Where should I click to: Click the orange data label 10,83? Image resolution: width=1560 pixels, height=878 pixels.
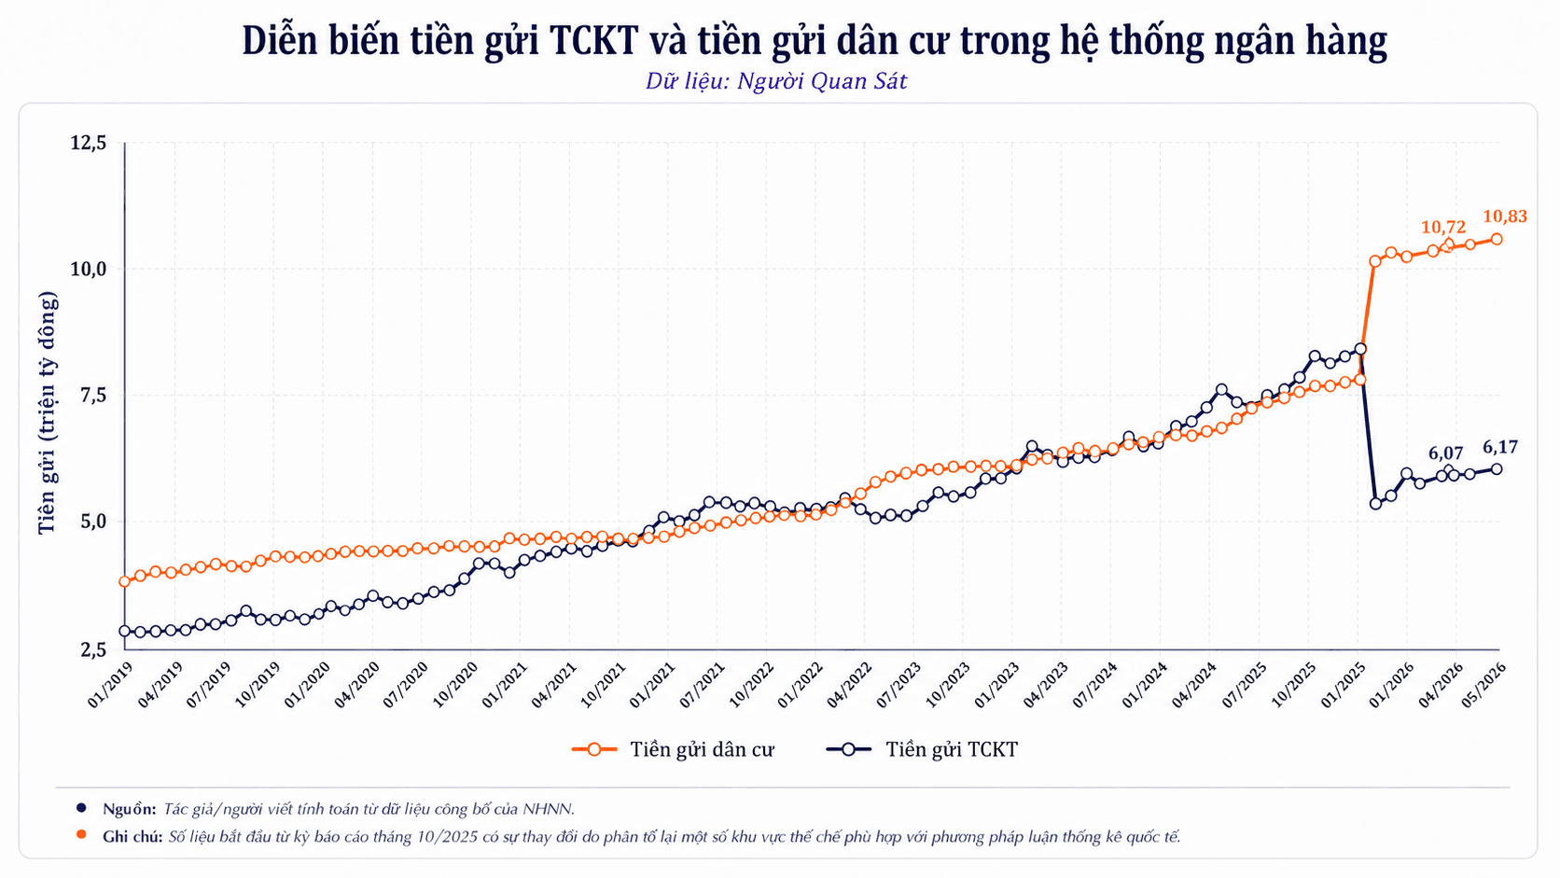pyautogui.click(x=1505, y=216)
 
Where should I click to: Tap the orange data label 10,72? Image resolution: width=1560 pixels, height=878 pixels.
pyautogui.click(x=1443, y=227)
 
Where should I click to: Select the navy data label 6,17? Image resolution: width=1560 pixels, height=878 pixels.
pyautogui.click(x=1500, y=447)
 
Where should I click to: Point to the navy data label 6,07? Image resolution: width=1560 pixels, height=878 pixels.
pyautogui.click(x=1446, y=453)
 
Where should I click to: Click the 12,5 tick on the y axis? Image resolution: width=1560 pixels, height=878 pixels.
pyautogui.click(x=89, y=143)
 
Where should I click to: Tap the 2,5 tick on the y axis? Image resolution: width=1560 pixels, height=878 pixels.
pyautogui.click(x=93, y=649)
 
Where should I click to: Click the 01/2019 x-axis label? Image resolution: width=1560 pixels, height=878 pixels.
pyautogui.click(x=109, y=685)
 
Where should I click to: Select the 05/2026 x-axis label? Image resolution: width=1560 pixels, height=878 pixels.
pyautogui.click(x=1484, y=685)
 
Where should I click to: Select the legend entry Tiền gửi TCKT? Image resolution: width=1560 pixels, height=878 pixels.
pyautogui.click(x=922, y=750)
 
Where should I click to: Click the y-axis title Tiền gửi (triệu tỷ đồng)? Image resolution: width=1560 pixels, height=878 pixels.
pyautogui.click(x=47, y=413)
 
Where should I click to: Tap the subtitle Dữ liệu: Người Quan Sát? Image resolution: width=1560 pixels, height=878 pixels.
pyautogui.click(x=776, y=81)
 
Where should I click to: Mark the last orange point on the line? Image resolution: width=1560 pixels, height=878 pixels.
pyautogui.click(x=1496, y=240)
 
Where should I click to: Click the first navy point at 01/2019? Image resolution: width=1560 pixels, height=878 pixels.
pyautogui.click(x=125, y=632)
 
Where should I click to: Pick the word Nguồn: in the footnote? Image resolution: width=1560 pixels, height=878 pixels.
pyautogui.click(x=130, y=809)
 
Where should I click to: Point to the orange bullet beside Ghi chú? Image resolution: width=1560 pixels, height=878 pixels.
pyautogui.click(x=81, y=835)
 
